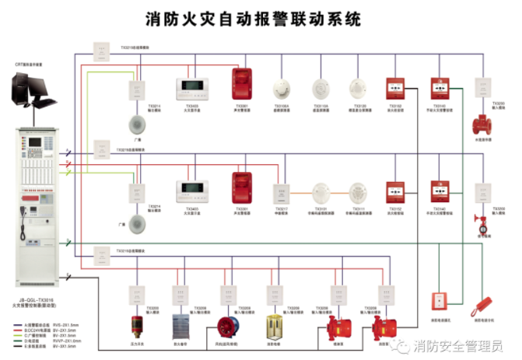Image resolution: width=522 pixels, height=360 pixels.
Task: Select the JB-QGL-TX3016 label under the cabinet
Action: [36, 298]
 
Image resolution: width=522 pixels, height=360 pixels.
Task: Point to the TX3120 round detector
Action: [358, 89]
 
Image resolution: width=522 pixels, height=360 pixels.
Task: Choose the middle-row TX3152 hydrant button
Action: [395, 192]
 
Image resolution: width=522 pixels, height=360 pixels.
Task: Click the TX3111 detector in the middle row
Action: [358, 192]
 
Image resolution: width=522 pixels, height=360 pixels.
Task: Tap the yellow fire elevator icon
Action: [275, 327]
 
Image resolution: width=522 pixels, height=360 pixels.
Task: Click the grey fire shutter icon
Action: [182, 327]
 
